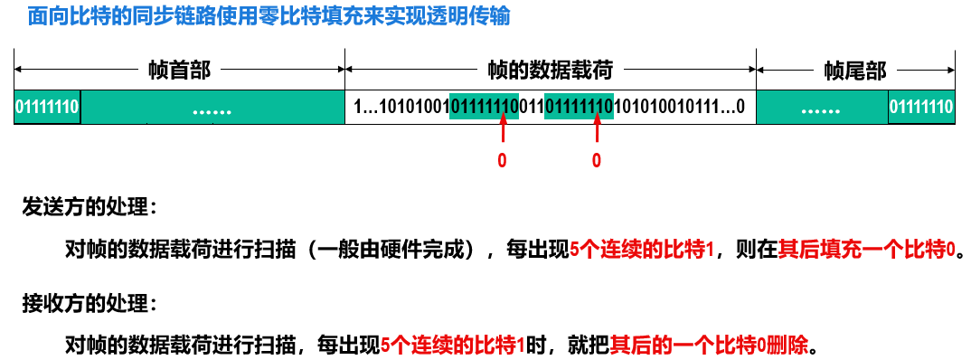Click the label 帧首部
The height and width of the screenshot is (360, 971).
(179, 70)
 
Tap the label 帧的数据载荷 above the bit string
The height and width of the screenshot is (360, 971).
(550, 70)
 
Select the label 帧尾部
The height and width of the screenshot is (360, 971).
(855, 70)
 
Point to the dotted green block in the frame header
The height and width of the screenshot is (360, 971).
(212, 109)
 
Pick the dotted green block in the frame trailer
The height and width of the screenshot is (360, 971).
(821, 109)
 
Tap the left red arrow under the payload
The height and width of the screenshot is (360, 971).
(503, 134)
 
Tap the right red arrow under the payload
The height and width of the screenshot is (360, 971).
(597, 134)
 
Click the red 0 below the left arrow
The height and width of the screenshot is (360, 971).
(503, 161)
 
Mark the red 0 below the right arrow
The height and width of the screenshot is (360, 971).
(597, 161)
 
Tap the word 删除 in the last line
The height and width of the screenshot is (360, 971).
(794, 345)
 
